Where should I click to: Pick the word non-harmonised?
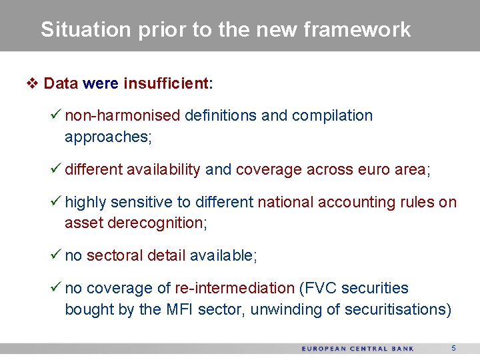pyautogui.click(x=123, y=115)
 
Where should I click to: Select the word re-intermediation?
pyautogui.click(x=234, y=288)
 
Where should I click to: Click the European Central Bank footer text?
pyautogui.click(x=357, y=349)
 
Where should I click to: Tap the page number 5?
pyautogui.click(x=453, y=348)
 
